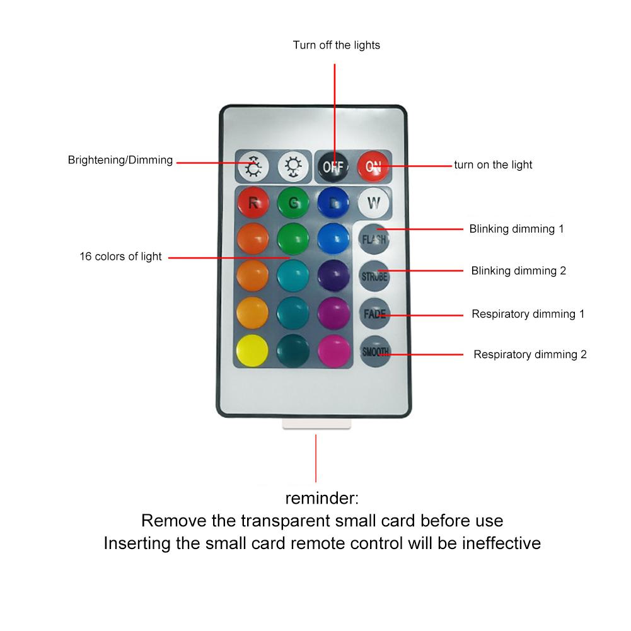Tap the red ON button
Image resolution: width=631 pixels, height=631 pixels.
click(374, 166)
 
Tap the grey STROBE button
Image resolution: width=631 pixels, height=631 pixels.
click(374, 276)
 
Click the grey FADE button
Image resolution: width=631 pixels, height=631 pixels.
click(374, 313)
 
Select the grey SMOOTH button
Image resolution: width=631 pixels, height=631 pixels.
click(375, 352)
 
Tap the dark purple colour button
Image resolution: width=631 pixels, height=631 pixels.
click(333, 276)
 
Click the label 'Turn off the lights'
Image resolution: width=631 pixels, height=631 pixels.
click(336, 45)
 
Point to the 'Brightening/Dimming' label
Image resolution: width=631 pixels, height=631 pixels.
click(120, 160)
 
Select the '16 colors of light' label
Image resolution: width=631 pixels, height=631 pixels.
click(120, 257)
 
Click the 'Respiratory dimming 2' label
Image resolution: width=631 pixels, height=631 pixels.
click(530, 354)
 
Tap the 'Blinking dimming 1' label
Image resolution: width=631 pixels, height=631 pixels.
click(516, 229)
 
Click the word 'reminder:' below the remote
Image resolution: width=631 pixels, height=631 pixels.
click(321, 499)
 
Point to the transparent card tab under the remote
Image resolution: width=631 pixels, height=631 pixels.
click(315, 425)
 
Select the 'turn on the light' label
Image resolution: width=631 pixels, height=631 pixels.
click(493, 165)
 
